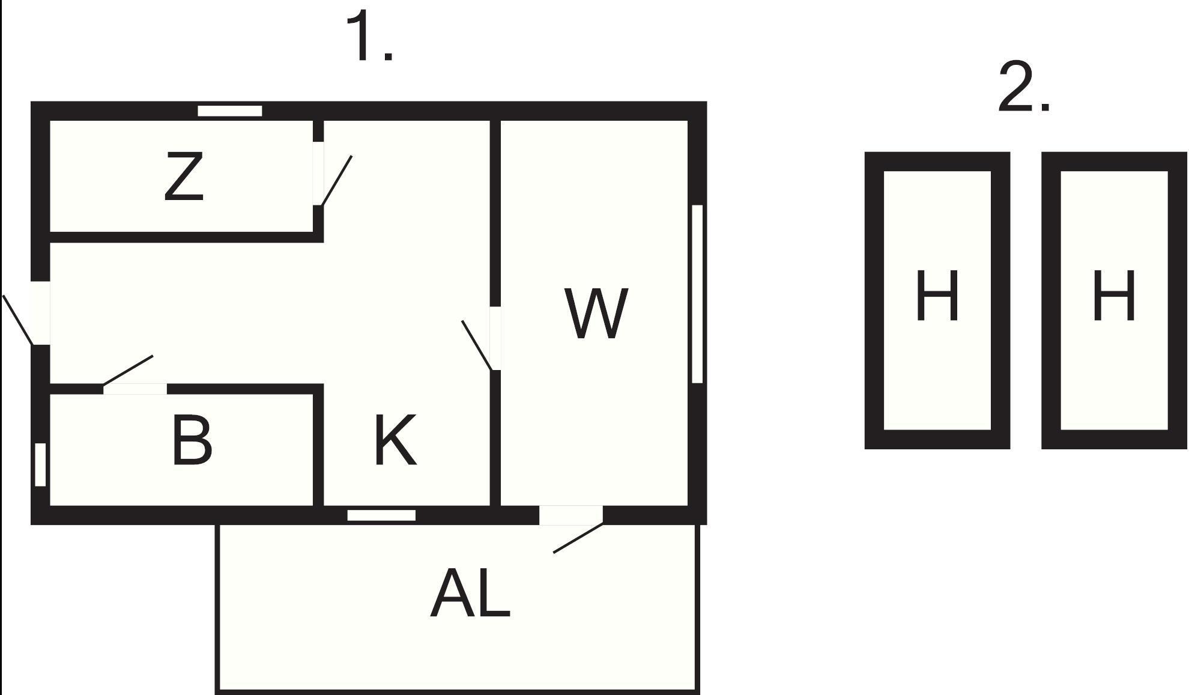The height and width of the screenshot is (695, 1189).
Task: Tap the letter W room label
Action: [x=596, y=313]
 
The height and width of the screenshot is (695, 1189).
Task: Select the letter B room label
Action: [x=192, y=440]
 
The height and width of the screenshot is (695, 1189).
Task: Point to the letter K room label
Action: [x=395, y=440]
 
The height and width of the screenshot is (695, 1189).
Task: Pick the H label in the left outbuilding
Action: [x=936, y=296]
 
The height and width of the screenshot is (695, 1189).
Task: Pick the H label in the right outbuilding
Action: [x=1113, y=296]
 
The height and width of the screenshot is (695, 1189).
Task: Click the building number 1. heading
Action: [x=369, y=36]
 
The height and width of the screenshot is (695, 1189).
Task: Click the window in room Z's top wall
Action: [x=230, y=111]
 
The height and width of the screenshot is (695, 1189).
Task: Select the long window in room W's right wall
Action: [x=697, y=294]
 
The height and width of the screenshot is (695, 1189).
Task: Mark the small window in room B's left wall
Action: [x=40, y=464]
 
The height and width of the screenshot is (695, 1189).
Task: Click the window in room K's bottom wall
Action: [x=381, y=515]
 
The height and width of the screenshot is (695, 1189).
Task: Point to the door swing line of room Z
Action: [x=336, y=181]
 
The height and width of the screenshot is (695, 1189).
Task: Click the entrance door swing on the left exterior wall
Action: [x=18, y=320]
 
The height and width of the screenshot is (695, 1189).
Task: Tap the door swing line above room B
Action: [x=128, y=370]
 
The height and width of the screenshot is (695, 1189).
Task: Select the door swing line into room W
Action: [x=477, y=345]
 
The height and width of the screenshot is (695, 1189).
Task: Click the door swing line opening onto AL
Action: [x=578, y=538]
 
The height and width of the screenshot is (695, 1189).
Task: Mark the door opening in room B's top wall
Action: [x=135, y=389]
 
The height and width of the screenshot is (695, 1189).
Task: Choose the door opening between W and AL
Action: [x=571, y=515]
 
